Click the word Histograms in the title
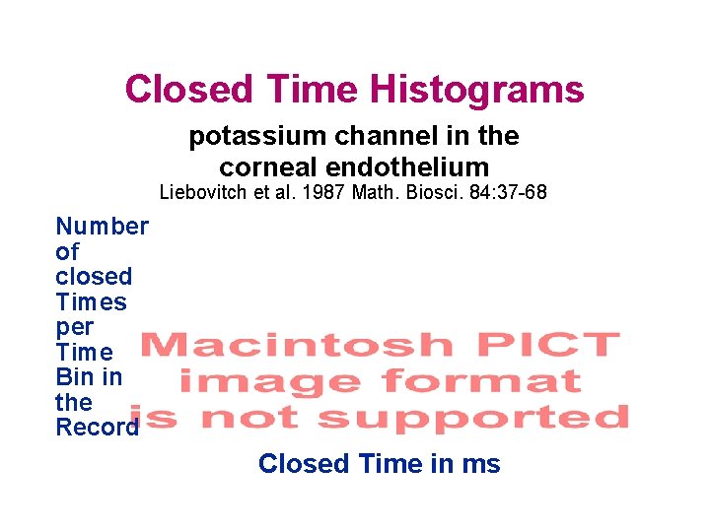[x=476, y=90]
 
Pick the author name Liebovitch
[x=203, y=193]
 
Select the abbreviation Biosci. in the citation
[x=418, y=193]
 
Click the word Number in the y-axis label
[x=103, y=227]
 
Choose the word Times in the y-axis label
[x=92, y=302]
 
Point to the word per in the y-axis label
[x=75, y=327]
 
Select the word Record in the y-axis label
[x=98, y=428]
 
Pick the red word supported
[x=472, y=418]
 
